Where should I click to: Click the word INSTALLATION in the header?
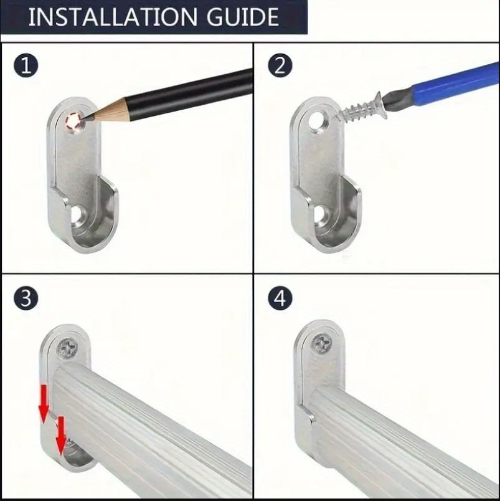tap(113, 17)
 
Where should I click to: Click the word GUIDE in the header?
tap(243, 17)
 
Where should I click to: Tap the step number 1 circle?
tap(26, 66)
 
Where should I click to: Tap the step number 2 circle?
tap(280, 66)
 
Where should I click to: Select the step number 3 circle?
tap(26, 298)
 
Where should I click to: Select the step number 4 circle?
tap(280, 298)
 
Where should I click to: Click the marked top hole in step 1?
tap(74, 122)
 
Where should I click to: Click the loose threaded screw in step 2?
tap(361, 108)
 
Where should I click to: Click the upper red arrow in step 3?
tap(44, 404)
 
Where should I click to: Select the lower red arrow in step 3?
tap(60, 435)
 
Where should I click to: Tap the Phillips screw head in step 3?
tap(68, 348)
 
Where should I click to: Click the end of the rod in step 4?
tap(319, 416)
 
